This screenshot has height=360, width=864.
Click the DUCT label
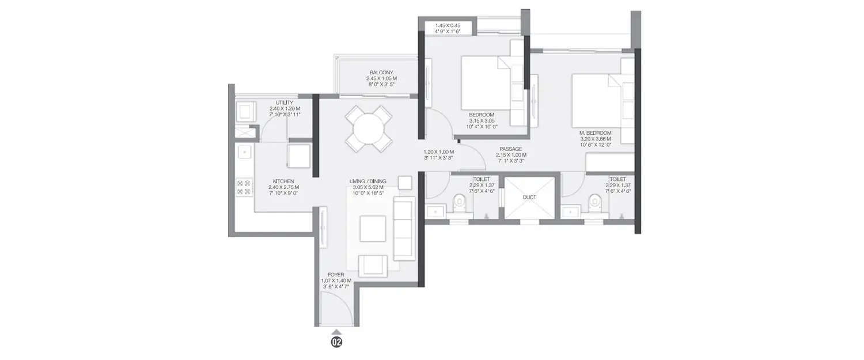pos(529,197)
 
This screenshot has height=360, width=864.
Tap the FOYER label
pos(336,275)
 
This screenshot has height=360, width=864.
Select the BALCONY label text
pos(381,72)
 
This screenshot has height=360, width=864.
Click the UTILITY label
pos(284,103)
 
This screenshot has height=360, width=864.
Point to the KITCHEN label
pos(284,181)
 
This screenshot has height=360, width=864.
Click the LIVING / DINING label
pos(367,181)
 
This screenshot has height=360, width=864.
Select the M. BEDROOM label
pos(595,133)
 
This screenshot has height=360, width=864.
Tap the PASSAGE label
pos(511,149)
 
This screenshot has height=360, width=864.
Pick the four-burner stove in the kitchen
pos(244,187)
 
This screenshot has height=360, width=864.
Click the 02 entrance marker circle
pos(336,342)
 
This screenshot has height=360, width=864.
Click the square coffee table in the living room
pos(373,228)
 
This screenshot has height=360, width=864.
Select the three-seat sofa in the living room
pos(404,228)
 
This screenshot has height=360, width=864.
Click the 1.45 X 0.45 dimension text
pos(447,26)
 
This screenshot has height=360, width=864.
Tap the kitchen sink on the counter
pos(244,152)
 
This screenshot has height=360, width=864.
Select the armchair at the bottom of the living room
pos(373,265)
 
